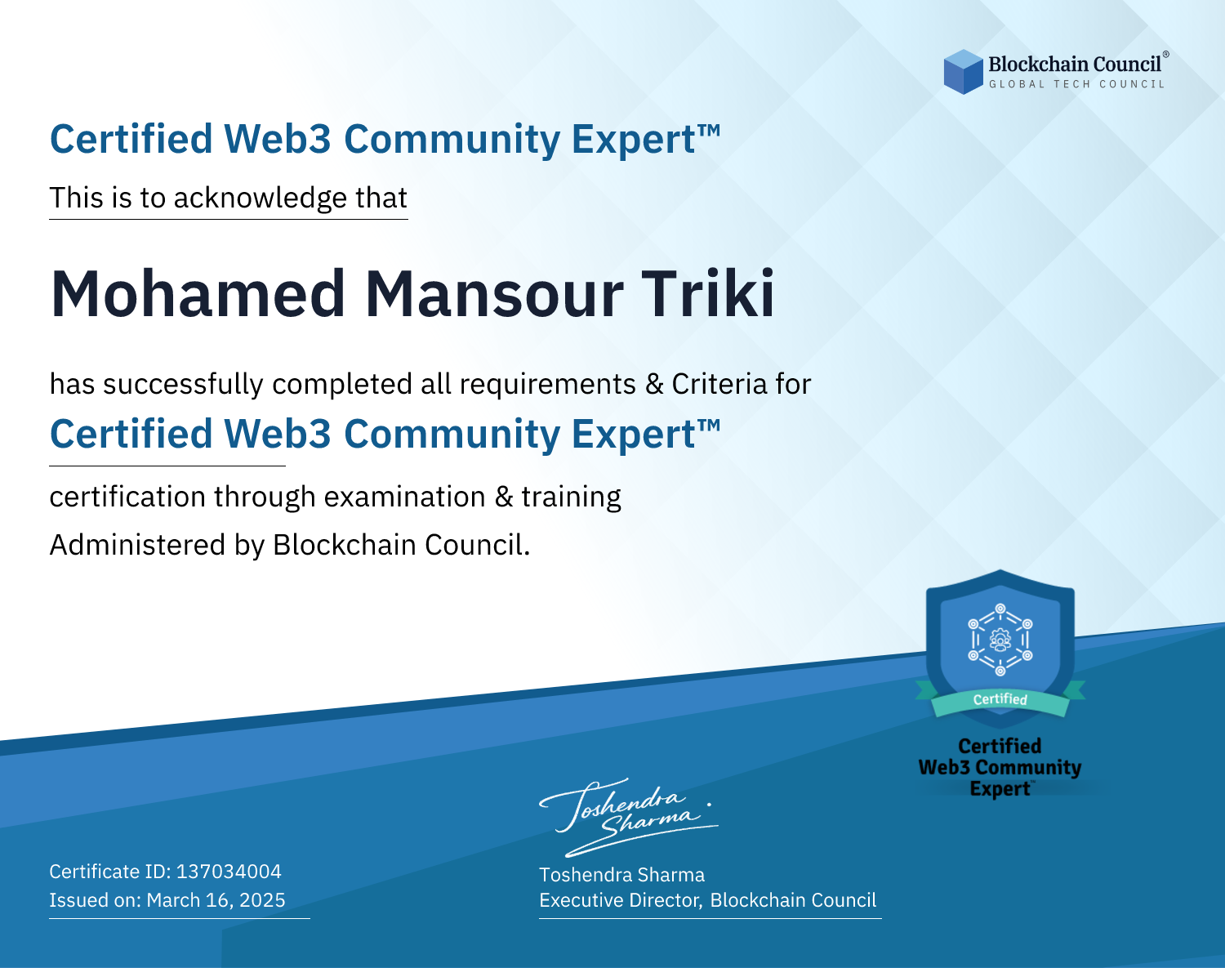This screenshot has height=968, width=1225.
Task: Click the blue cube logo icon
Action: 963,72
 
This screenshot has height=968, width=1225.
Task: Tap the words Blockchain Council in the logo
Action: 1075,65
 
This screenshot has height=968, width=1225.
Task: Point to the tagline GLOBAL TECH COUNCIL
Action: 1077,84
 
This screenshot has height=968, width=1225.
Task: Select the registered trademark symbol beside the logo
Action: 1166,55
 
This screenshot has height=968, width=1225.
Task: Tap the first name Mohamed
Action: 198,294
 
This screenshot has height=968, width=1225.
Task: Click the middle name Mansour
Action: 493,294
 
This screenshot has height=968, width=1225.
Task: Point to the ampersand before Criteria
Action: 654,384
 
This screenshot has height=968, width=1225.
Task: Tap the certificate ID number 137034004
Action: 229,871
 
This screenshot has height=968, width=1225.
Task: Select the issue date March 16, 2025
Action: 216,899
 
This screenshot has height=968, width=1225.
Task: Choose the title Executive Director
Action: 620,899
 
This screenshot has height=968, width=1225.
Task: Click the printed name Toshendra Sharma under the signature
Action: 621,875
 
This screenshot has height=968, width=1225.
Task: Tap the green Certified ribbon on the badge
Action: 1000,700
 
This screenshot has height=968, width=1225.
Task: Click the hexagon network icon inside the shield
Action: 1000,640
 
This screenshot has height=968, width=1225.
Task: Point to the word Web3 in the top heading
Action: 277,139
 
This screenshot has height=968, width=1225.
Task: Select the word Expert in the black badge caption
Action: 1000,788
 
